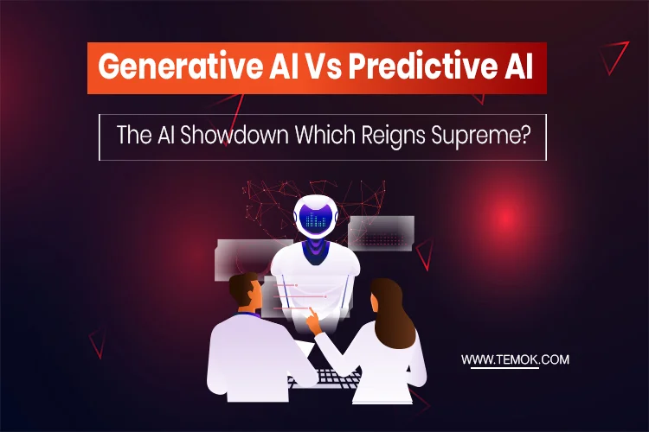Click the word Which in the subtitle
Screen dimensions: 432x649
330,137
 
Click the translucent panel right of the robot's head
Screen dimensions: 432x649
381,232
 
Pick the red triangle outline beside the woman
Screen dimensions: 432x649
425,254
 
